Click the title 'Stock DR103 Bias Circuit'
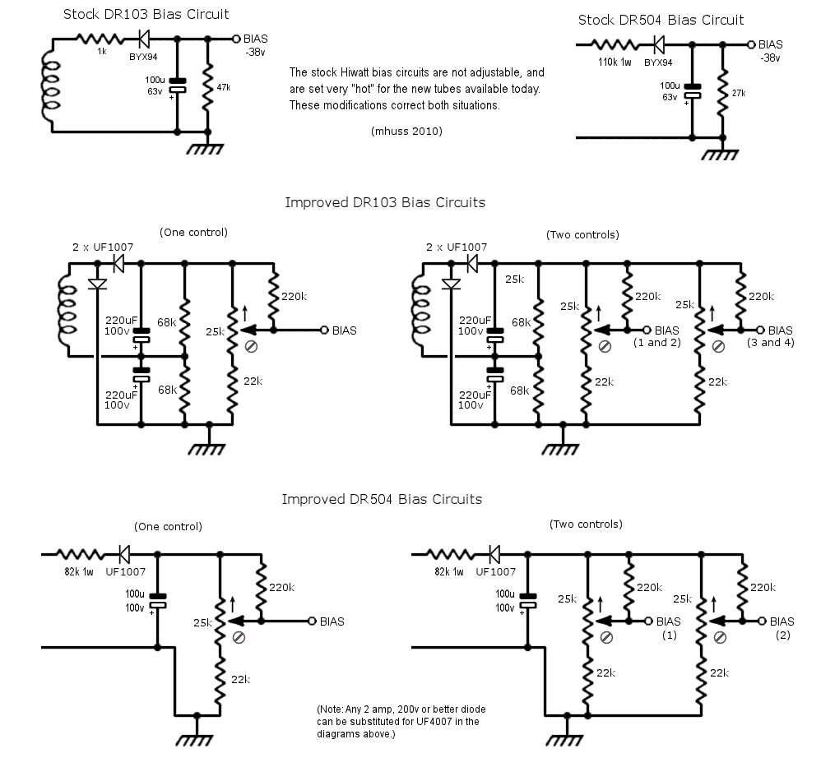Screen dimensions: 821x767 click(x=146, y=14)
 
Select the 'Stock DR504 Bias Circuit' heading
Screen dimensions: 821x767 click(x=661, y=20)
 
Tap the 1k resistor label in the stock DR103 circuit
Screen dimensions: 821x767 click(x=101, y=51)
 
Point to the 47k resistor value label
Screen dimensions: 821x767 click(x=224, y=87)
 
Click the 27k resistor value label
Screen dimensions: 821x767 click(x=739, y=93)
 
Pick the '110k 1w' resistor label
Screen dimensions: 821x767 click(x=615, y=62)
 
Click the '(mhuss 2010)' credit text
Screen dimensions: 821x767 click(x=407, y=131)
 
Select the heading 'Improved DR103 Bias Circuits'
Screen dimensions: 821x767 click(x=385, y=202)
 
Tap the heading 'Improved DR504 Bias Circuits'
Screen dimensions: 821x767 click(x=382, y=499)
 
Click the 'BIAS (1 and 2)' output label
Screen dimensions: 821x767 click(x=657, y=336)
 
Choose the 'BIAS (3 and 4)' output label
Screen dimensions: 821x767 click(x=771, y=336)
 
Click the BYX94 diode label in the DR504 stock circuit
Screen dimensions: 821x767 click(x=658, y=62)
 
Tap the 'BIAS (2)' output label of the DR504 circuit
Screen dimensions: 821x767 click(x=782, y=628)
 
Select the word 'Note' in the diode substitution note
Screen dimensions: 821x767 click(x=332, y=709)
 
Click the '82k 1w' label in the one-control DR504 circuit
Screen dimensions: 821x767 click(x=79, y=572)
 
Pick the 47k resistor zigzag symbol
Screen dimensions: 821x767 click(x=208, y=87)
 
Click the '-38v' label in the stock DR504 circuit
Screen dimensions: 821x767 click(x=770, y=58)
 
